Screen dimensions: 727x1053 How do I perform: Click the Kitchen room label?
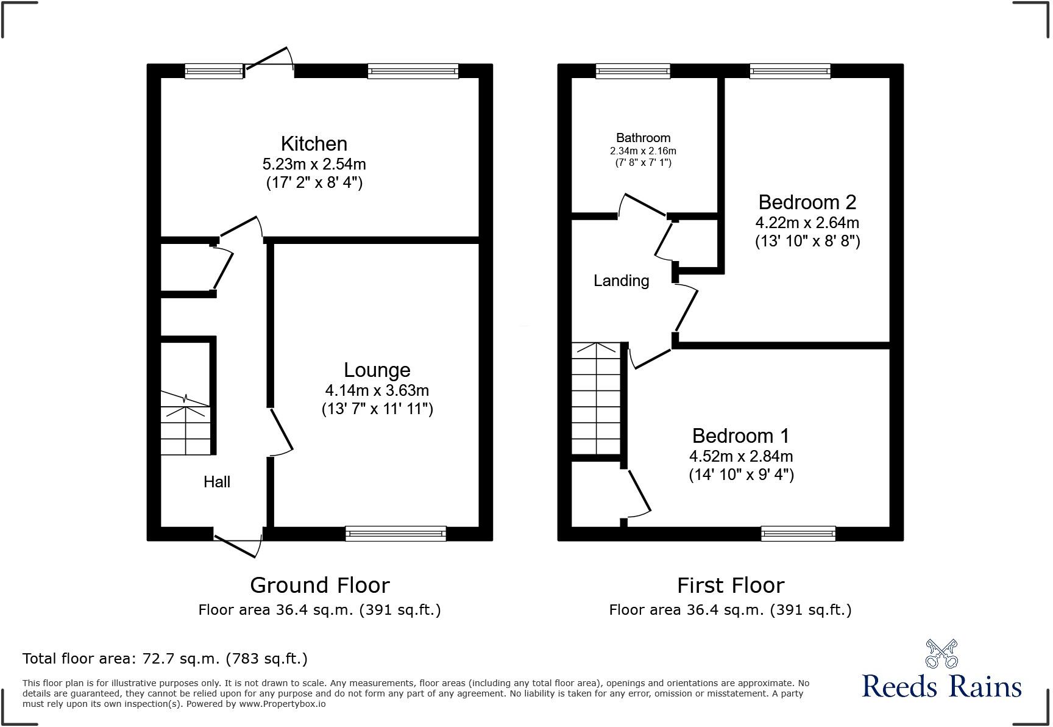tap(314, 144)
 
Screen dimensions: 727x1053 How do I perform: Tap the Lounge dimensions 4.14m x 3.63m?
tap(377, 390)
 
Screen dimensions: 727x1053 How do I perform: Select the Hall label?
tap(217, 482)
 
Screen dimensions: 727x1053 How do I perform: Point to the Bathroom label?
tap(643, 138)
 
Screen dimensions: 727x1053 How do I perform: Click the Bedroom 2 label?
tap(807, 202)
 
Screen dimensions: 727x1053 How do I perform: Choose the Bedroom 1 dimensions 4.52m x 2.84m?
tap(740, 456)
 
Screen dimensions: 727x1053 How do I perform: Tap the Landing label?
tap(621, 281)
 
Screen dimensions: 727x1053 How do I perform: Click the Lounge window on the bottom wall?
tap(395, 534)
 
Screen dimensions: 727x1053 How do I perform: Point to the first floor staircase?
tap(595, 399)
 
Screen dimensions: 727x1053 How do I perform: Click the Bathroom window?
tap(633, 71)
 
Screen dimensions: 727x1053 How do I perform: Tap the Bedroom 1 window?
tap(798, 534)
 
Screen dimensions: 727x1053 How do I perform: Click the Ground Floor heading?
tap(319, 586)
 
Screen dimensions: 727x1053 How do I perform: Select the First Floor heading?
tap(730, 586)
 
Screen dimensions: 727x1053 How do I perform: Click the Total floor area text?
tap(165, 659)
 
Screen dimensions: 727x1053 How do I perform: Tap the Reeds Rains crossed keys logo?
tap(941, 654)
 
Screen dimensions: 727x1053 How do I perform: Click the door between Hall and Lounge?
tap(281, 432)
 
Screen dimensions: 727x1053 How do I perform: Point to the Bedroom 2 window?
tap(790, 71)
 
